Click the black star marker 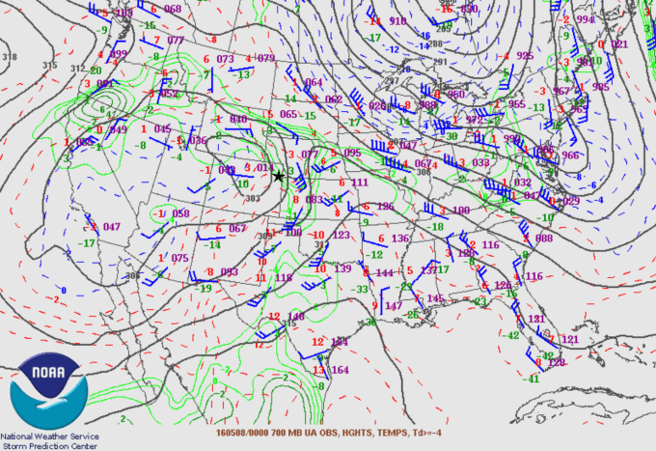click(x=279, y=176)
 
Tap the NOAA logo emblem click(x=49, y=391)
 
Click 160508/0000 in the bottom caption click(x=244, y=432)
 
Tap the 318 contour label click(x=10, y=58)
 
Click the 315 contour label click(x=50, y=66)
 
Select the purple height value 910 click(x=397, y=20)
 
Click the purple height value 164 click(x=340, y=370)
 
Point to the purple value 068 click(x=173, y=9)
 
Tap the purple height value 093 click(x=229, y=272)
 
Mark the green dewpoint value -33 click(x=360, y=289)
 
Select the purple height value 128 click(x=556, y=362)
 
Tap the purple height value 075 click(x=180, y=258)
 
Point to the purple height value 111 click(x=360, y=182)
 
